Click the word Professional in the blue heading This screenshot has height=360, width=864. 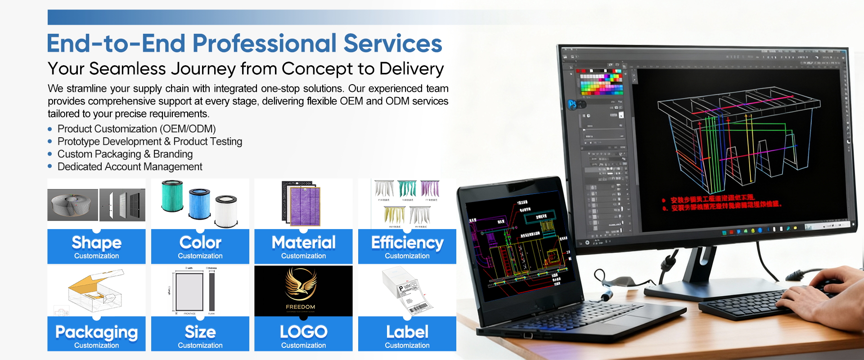tap(265, 44)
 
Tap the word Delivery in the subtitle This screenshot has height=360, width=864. tap(411, 69)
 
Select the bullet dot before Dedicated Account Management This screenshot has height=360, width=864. tap(50, 166)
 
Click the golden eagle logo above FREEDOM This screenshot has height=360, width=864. tap(301, 284)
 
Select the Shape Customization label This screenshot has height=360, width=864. tap(96, 247)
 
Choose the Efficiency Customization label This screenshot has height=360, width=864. tap(407, 247)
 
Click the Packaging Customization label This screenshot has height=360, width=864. tap(96, 335)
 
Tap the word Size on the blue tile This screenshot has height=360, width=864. tap(200, 332)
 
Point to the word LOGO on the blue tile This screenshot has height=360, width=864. tap(303, 332)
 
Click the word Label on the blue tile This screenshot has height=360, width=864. tap(407, 332)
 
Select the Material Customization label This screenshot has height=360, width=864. tap(303, 247)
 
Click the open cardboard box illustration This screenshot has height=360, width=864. tap(95, 291)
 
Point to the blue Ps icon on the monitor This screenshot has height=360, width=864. tap(572, 104)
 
